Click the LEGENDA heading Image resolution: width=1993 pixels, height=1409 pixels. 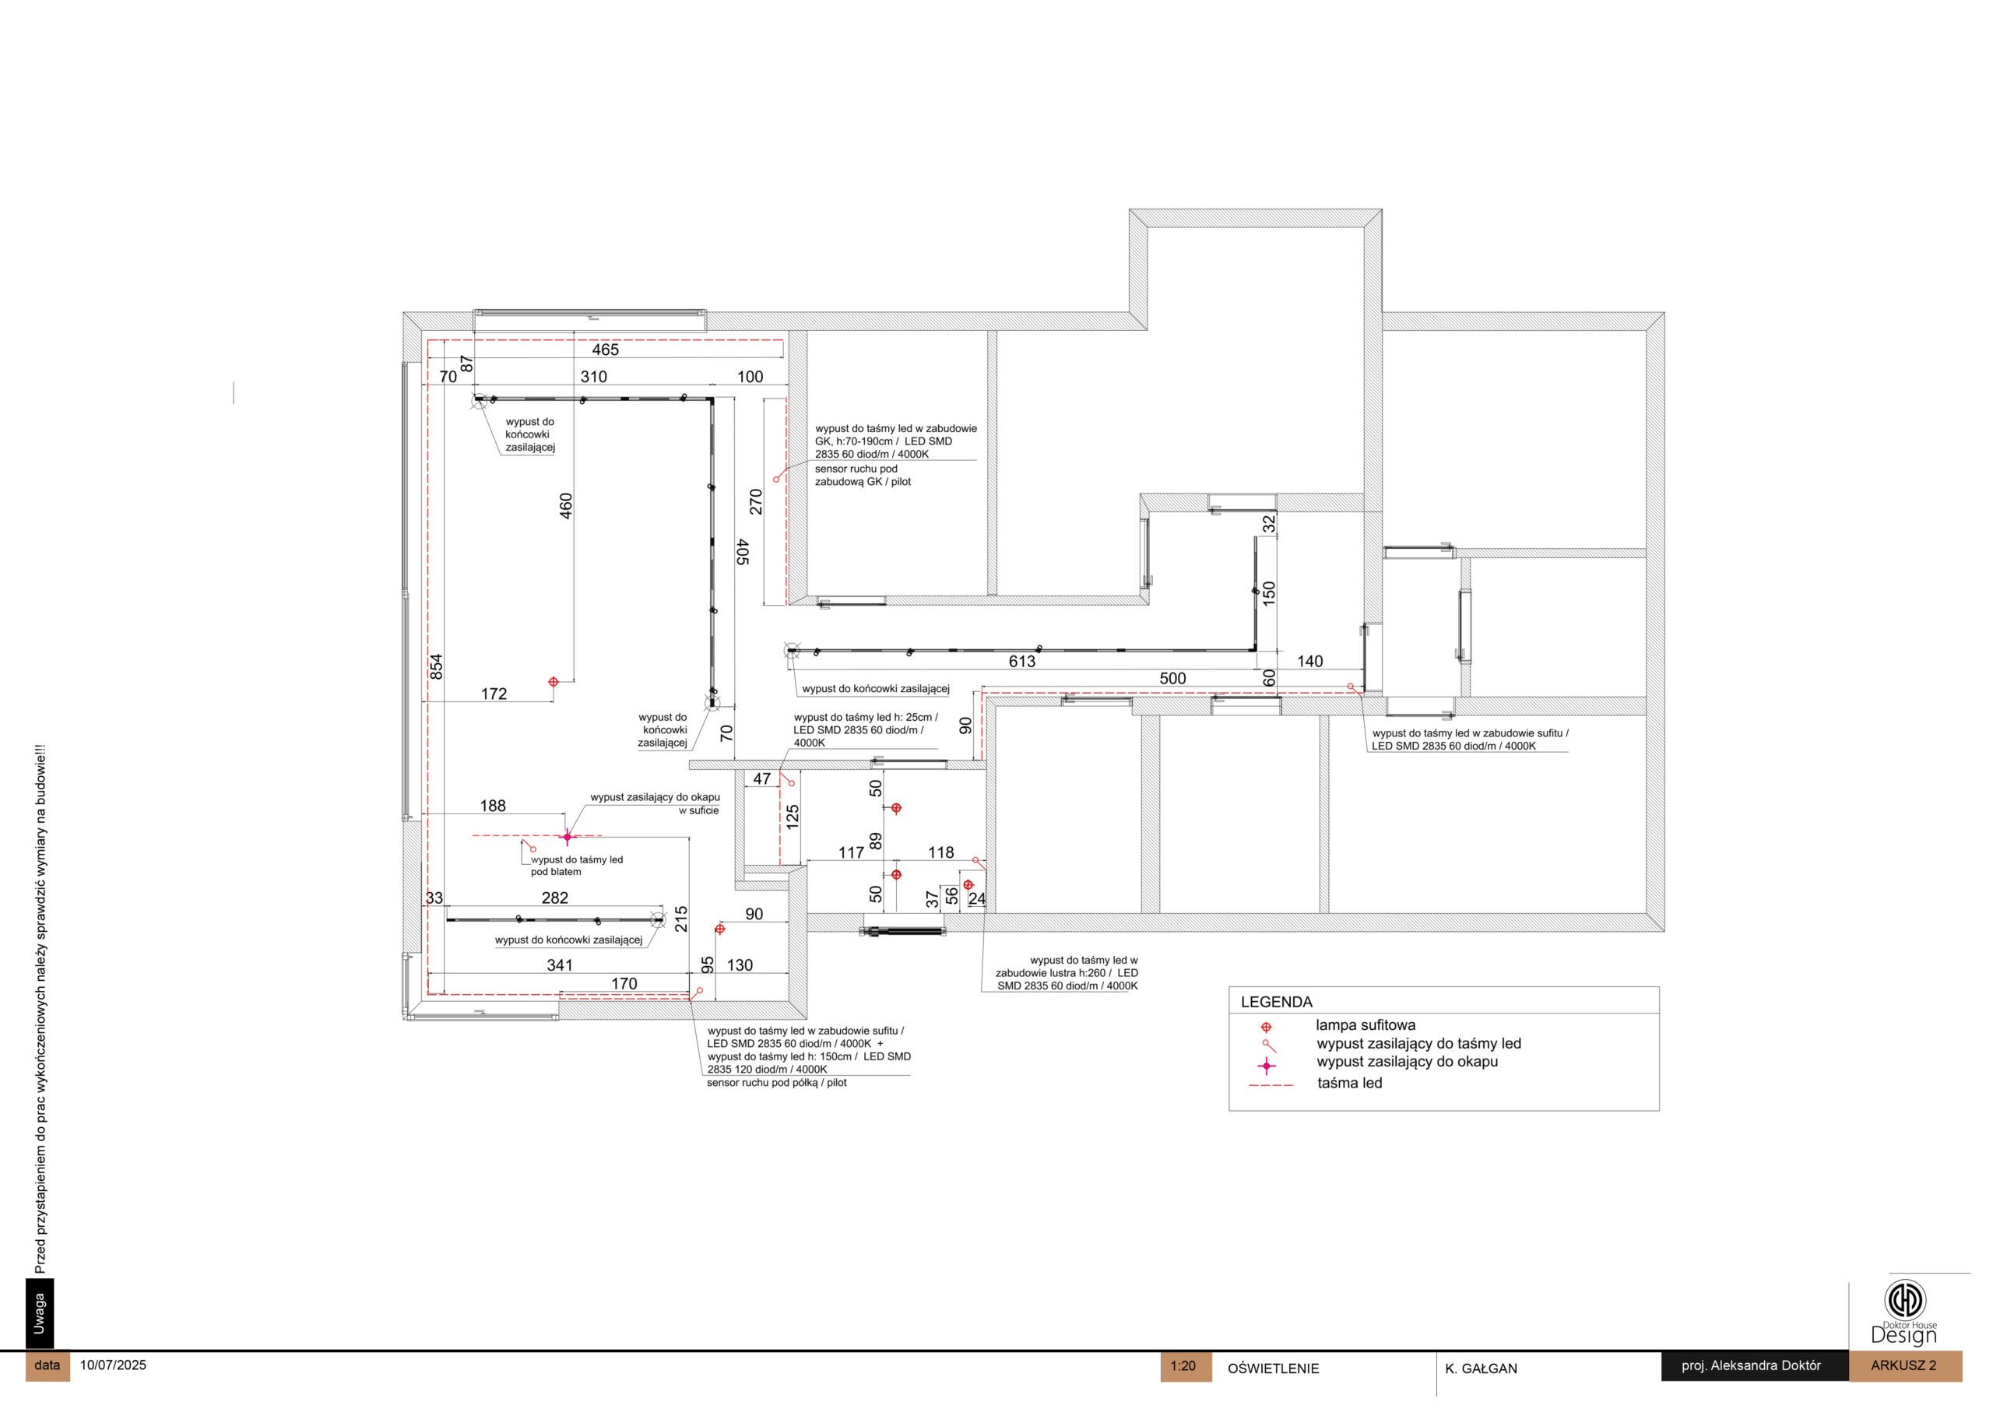tap(1276, 1002)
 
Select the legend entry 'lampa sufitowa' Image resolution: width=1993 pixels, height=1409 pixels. tap(1366, 1025)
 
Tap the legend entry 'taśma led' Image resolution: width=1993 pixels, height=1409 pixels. tap(1350, 1083)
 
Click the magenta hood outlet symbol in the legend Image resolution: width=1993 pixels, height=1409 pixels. tap(1267, 1065)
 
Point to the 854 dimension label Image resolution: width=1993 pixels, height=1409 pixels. tap(436, 666)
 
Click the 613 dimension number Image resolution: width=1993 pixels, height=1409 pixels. tap(1021, 662)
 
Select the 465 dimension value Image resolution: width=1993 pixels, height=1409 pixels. tap(605, 350)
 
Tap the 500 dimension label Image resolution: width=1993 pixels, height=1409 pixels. tap(1172, 678)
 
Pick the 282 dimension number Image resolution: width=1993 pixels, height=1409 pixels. tap(554, 898)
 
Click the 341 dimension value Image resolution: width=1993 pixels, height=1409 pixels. tap(560, 965)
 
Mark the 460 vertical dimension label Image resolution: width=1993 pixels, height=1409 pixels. tap(566, 506)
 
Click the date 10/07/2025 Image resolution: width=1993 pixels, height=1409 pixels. tap(113, 1365)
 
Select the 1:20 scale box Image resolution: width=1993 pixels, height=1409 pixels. tap(1185, 1366)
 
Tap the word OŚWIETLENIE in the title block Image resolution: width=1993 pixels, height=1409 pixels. tap(1273, 1369)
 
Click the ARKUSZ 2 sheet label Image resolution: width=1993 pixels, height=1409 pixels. tap(1903, 1365)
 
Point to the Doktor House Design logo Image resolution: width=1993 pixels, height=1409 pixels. tap(1904, 1312)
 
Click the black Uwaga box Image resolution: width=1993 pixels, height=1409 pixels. tap(39, 1313)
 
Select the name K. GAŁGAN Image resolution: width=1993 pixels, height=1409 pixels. tap(1481, 1369)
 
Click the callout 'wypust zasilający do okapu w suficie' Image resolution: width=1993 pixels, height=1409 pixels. tap(656, 803)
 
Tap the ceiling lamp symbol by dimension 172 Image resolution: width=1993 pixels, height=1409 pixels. tap(553, 681)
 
